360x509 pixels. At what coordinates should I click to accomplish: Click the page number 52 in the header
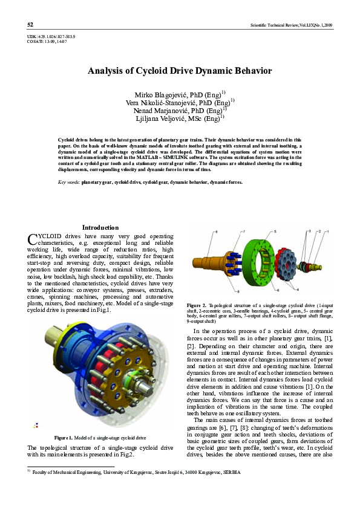tap(30, 25)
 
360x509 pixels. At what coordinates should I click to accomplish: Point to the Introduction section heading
tap(100, 227)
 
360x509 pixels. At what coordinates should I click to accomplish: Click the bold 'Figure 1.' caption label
tap(65, 437)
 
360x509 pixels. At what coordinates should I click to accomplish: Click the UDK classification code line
tap(51, 37)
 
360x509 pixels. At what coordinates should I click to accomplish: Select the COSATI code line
tap(47, 42)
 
